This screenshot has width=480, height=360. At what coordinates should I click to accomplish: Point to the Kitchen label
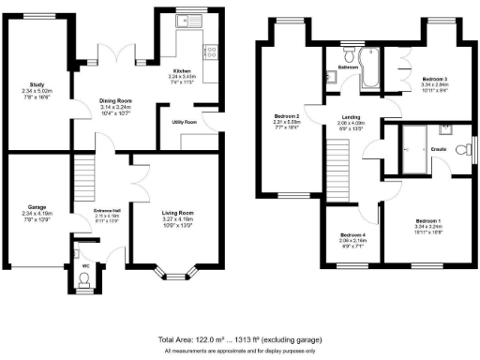[182, 70]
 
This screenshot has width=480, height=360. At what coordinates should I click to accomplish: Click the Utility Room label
[183, 122]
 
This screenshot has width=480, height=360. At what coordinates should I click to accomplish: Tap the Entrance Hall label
[107, 210]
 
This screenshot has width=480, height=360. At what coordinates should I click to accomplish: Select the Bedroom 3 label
[432, 78]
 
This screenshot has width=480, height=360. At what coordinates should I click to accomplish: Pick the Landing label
[349, 117]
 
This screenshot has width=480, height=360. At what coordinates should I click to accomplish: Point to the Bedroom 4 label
[352, 234]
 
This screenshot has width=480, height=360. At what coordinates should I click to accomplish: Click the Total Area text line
[239, 339]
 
